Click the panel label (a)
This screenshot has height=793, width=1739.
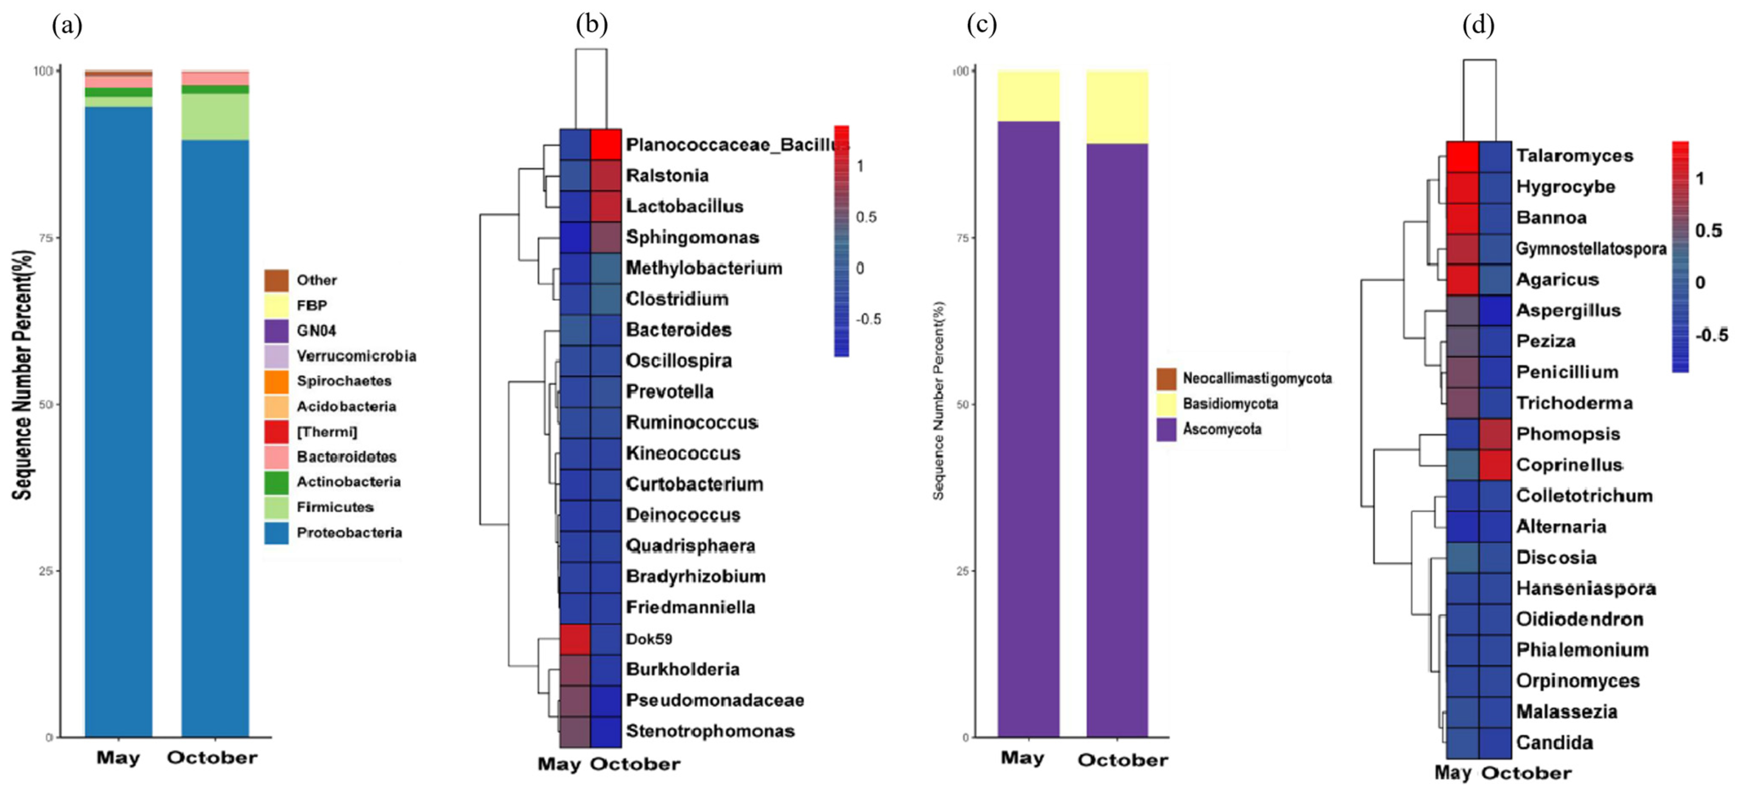coord(67,25)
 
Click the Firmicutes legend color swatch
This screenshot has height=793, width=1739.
coord(276,507)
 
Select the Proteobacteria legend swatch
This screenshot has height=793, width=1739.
coord(276,532)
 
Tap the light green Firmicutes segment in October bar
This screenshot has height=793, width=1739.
coord(215,116)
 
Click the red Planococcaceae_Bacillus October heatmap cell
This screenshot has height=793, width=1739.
coord(605,144)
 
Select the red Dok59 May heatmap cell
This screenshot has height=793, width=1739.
coord(575,638)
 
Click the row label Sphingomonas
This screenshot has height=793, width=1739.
coord(692,237)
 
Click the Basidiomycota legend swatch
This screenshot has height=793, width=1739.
coord(1166,404)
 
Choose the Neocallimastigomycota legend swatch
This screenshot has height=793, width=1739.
coord(1166,379)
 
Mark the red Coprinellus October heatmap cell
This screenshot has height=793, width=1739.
coord(1494,465)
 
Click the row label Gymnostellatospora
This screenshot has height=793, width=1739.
coord(1590,248)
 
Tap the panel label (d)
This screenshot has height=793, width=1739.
coord(1478,25)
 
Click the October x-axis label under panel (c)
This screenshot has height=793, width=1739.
coord(1122,760)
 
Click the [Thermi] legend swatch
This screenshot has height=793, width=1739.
coord(276,431)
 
